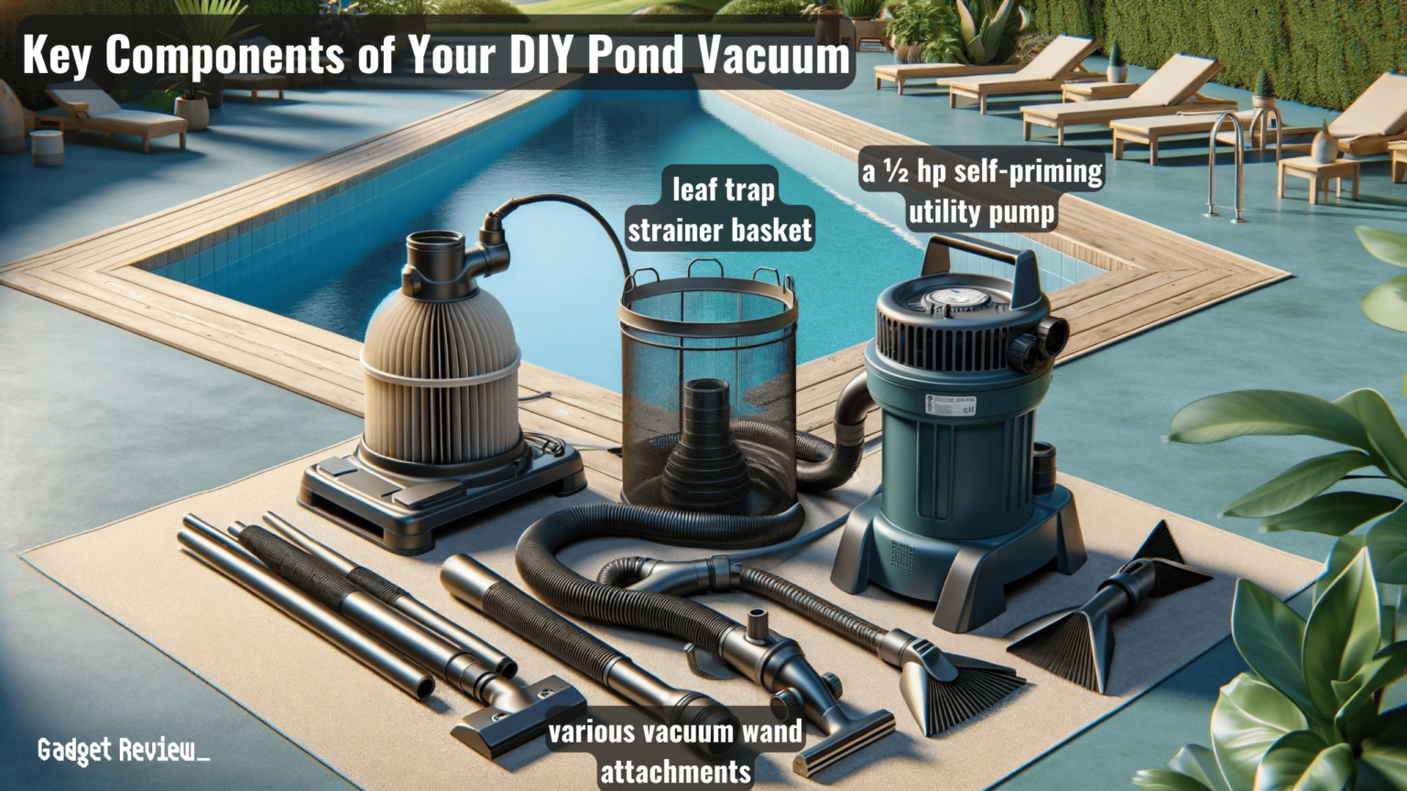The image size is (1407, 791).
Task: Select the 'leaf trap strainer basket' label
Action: click(721, 210)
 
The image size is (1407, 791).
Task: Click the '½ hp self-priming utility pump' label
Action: click(982, 191)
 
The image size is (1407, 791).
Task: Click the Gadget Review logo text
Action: click(123, 751)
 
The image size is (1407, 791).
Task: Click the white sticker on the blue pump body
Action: click(950, 405)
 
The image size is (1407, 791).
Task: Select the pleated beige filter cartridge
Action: click(440, 366)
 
